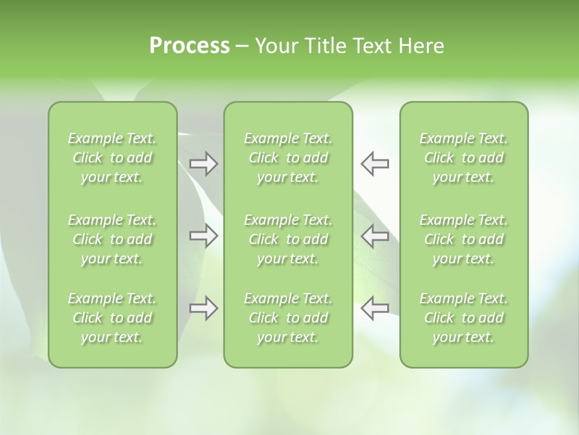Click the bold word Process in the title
189,46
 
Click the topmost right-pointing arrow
204,164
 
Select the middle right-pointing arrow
204,236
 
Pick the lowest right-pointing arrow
204,308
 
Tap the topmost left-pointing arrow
375,164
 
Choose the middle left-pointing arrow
375,236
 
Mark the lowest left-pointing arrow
375,308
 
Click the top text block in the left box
112,158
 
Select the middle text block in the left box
112,239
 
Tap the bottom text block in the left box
112,318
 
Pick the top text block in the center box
288,158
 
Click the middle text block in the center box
288,239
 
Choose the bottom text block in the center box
288,318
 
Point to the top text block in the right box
464,158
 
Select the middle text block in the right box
464,239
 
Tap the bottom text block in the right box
464,318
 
